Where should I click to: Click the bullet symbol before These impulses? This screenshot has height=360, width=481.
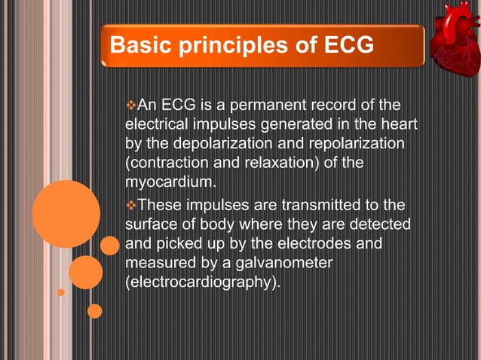[x=129, y=206]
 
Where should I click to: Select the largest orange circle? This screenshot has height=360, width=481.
[x=66, y=214]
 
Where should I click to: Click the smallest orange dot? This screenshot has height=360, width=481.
[x=61, y=292]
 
